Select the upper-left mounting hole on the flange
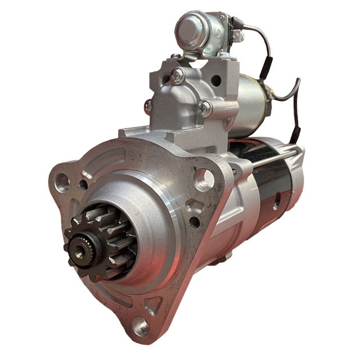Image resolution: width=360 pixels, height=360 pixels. click(x=63, y=181)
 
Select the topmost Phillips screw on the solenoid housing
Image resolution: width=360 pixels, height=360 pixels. click(x=178, y=75)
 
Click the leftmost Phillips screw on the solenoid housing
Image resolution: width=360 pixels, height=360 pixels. click(x=148, y=105)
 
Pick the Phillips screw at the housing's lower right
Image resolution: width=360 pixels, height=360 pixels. click(x=205, y=109)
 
